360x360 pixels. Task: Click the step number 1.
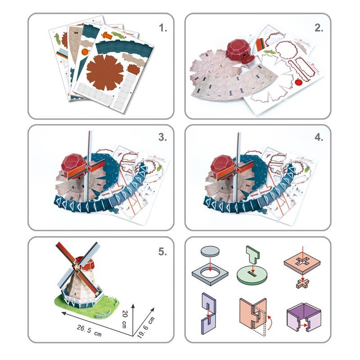coord(163,28)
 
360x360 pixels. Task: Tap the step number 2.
coord(319,28)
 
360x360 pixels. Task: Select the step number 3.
coord(163,138)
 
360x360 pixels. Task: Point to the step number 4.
coord(319,138)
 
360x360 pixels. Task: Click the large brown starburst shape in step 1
coord(104,70)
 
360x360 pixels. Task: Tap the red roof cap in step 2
coord(238,50)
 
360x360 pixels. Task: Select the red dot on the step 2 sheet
coord(298,82)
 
